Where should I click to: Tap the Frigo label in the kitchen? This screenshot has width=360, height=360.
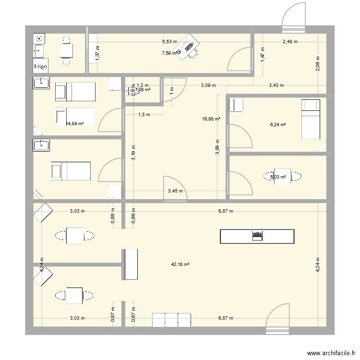coord(41,67)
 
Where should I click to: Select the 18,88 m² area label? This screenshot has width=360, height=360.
coord(211,119)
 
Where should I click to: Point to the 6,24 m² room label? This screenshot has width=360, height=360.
coord(278,125)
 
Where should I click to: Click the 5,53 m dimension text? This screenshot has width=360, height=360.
coord(169,42)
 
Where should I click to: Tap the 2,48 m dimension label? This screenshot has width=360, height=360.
coord(290,42)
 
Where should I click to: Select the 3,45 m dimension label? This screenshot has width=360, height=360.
coord(175,191)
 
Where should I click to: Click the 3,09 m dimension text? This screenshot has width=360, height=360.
coord(208,85)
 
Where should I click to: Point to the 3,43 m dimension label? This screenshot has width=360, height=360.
coord(276,85)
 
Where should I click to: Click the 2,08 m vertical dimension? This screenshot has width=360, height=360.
coord(318,64)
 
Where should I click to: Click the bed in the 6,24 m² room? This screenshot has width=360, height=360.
coord(310,117)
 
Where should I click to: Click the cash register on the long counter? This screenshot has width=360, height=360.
coord(257,236)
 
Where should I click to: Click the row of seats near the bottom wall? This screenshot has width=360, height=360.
coord(171,320)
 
